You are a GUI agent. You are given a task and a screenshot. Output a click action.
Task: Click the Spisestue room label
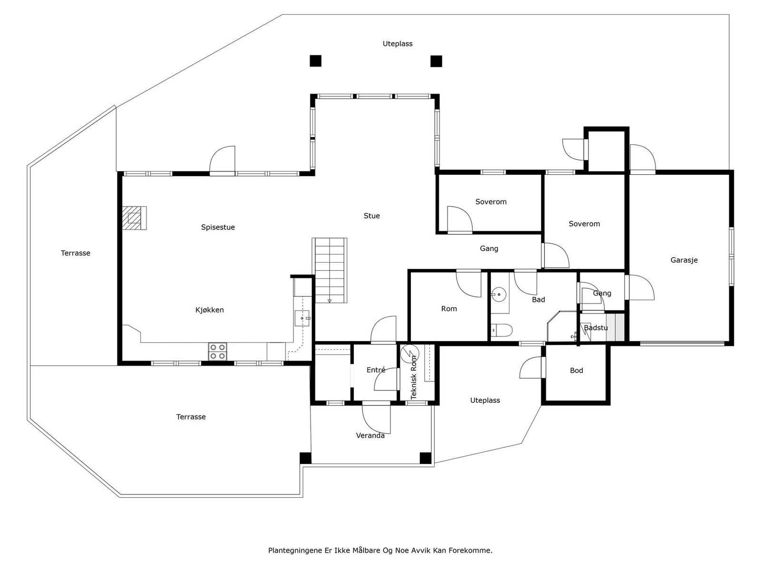pyautogui.click(x=218, y=228)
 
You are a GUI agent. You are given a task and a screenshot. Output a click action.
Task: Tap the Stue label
pyautogui.click(x=371, y=216)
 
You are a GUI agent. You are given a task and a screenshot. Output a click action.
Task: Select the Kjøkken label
pyautogui.click(x=209, y=310)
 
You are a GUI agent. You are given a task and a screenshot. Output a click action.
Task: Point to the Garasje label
pyautogui.click(x=684, y=260)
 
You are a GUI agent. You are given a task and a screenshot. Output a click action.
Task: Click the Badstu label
pyautogui.click(x=595, y=328)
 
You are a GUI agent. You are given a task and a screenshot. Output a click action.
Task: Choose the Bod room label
pyautogui.click(x=576, y=370)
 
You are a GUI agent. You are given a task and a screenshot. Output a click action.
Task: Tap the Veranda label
pyautogui.click(x=370, y=436)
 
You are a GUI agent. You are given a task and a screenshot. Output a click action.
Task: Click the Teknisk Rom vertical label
pyautogui.click(x=414, y=378)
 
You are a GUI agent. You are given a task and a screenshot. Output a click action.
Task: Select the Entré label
pyautogui.click(x=376, y=370)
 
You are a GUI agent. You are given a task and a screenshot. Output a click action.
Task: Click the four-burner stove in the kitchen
pyautogui.click(x=217, y=352)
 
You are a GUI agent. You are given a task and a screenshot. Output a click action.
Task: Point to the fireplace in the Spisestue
pyautogui.click(x=134, y=218)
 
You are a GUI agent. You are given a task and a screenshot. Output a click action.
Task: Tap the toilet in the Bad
pyautogui.click(x=501, y=330)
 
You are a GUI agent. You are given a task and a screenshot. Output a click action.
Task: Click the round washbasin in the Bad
pyautogui.click(x=498, y=294)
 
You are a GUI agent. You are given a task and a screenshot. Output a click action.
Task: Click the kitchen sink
pyautogui.click(x=302, y=318)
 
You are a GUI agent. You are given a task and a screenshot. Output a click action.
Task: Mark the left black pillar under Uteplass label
pyautogui.click(x=315, y=61)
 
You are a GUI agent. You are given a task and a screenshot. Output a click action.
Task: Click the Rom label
pyautogui.click(x=449, y=309)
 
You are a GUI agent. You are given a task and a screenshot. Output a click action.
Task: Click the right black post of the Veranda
pyautogui.click(x=425, y=458)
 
